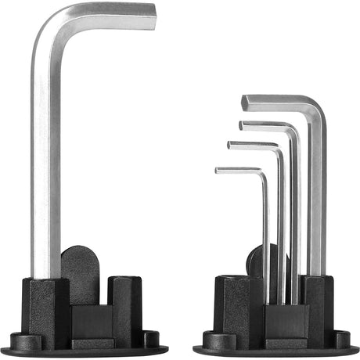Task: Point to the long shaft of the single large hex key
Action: pyautogui.click(x=45, y=157)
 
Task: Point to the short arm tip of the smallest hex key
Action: pyautogui.click(x=218, y=170)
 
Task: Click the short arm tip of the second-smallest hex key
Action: pyautogui.click(x=230, y=144)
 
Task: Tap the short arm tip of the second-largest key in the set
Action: pyautogui.click(x=242, y=124)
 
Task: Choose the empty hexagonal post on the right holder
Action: pyautogui.click(x=233, y=305)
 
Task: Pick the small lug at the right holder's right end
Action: pyautogui.click(x=342, y=339)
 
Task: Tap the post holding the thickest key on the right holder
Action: pyautogui.click(x=316, y=305)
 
